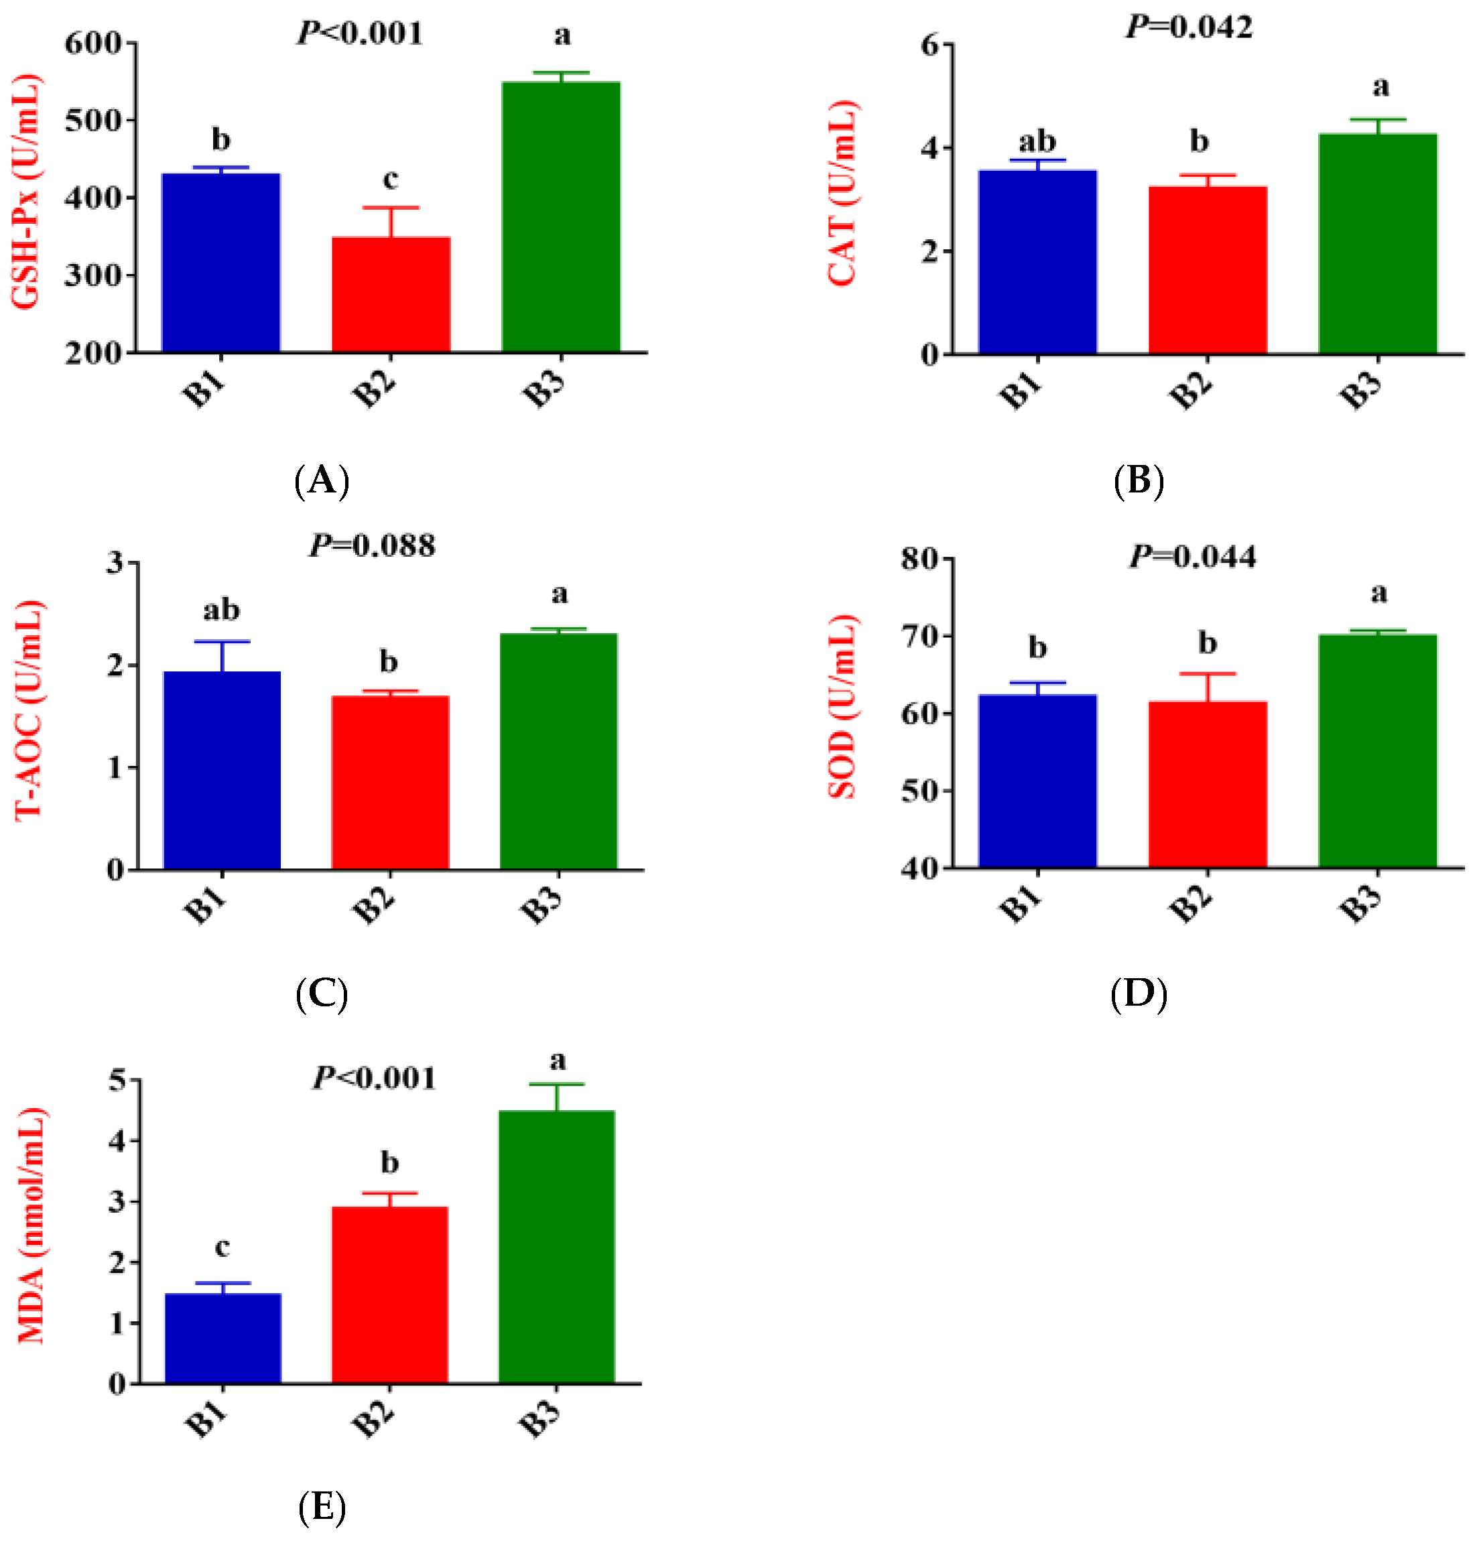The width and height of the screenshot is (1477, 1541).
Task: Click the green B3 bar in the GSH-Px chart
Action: click(560, 216)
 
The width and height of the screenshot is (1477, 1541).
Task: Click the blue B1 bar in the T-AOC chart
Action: click(222, 770)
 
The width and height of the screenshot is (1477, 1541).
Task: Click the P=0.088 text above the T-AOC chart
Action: click(371, 545)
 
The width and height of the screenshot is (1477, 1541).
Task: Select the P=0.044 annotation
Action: click(1192, 557)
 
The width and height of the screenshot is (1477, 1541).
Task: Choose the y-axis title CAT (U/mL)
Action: click(842, 193)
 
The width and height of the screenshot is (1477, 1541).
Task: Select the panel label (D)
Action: click(1138, 994)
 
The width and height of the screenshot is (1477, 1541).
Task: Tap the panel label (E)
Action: click(322, 1507)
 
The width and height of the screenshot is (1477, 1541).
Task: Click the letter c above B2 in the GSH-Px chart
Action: click(389, 180)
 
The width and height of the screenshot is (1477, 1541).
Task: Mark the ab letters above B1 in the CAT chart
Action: click(1037, 142)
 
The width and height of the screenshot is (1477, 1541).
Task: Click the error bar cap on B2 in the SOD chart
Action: click(1206, 674)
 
